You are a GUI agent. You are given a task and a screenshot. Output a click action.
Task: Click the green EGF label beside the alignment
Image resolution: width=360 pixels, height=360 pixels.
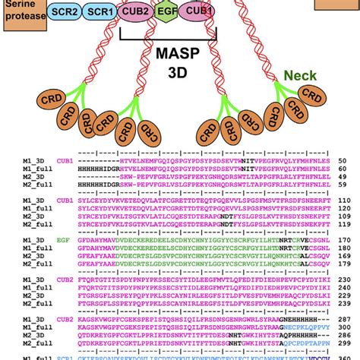pyautogui.click(x=64, y=240)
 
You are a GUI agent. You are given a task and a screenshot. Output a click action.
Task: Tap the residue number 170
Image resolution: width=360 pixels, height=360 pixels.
pyautogui.click(x=343, y=241)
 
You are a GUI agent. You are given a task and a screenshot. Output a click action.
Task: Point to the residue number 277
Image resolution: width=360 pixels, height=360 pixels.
pyautogui.click(x=343, y=321)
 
